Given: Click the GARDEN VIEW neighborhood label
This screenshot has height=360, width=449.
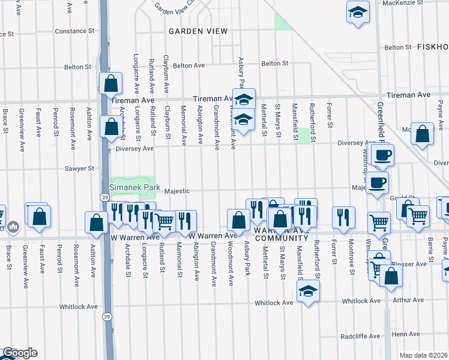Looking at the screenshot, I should [x=197, y=31].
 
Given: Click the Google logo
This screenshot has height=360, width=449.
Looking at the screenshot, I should [x=19, y=353].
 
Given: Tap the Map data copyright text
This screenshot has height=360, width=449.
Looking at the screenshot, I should [x=424, y=355].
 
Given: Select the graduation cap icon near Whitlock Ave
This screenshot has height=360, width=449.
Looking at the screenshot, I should [x=308, y=291].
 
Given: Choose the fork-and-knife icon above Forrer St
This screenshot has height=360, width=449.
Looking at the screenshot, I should [x=343, y=217].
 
